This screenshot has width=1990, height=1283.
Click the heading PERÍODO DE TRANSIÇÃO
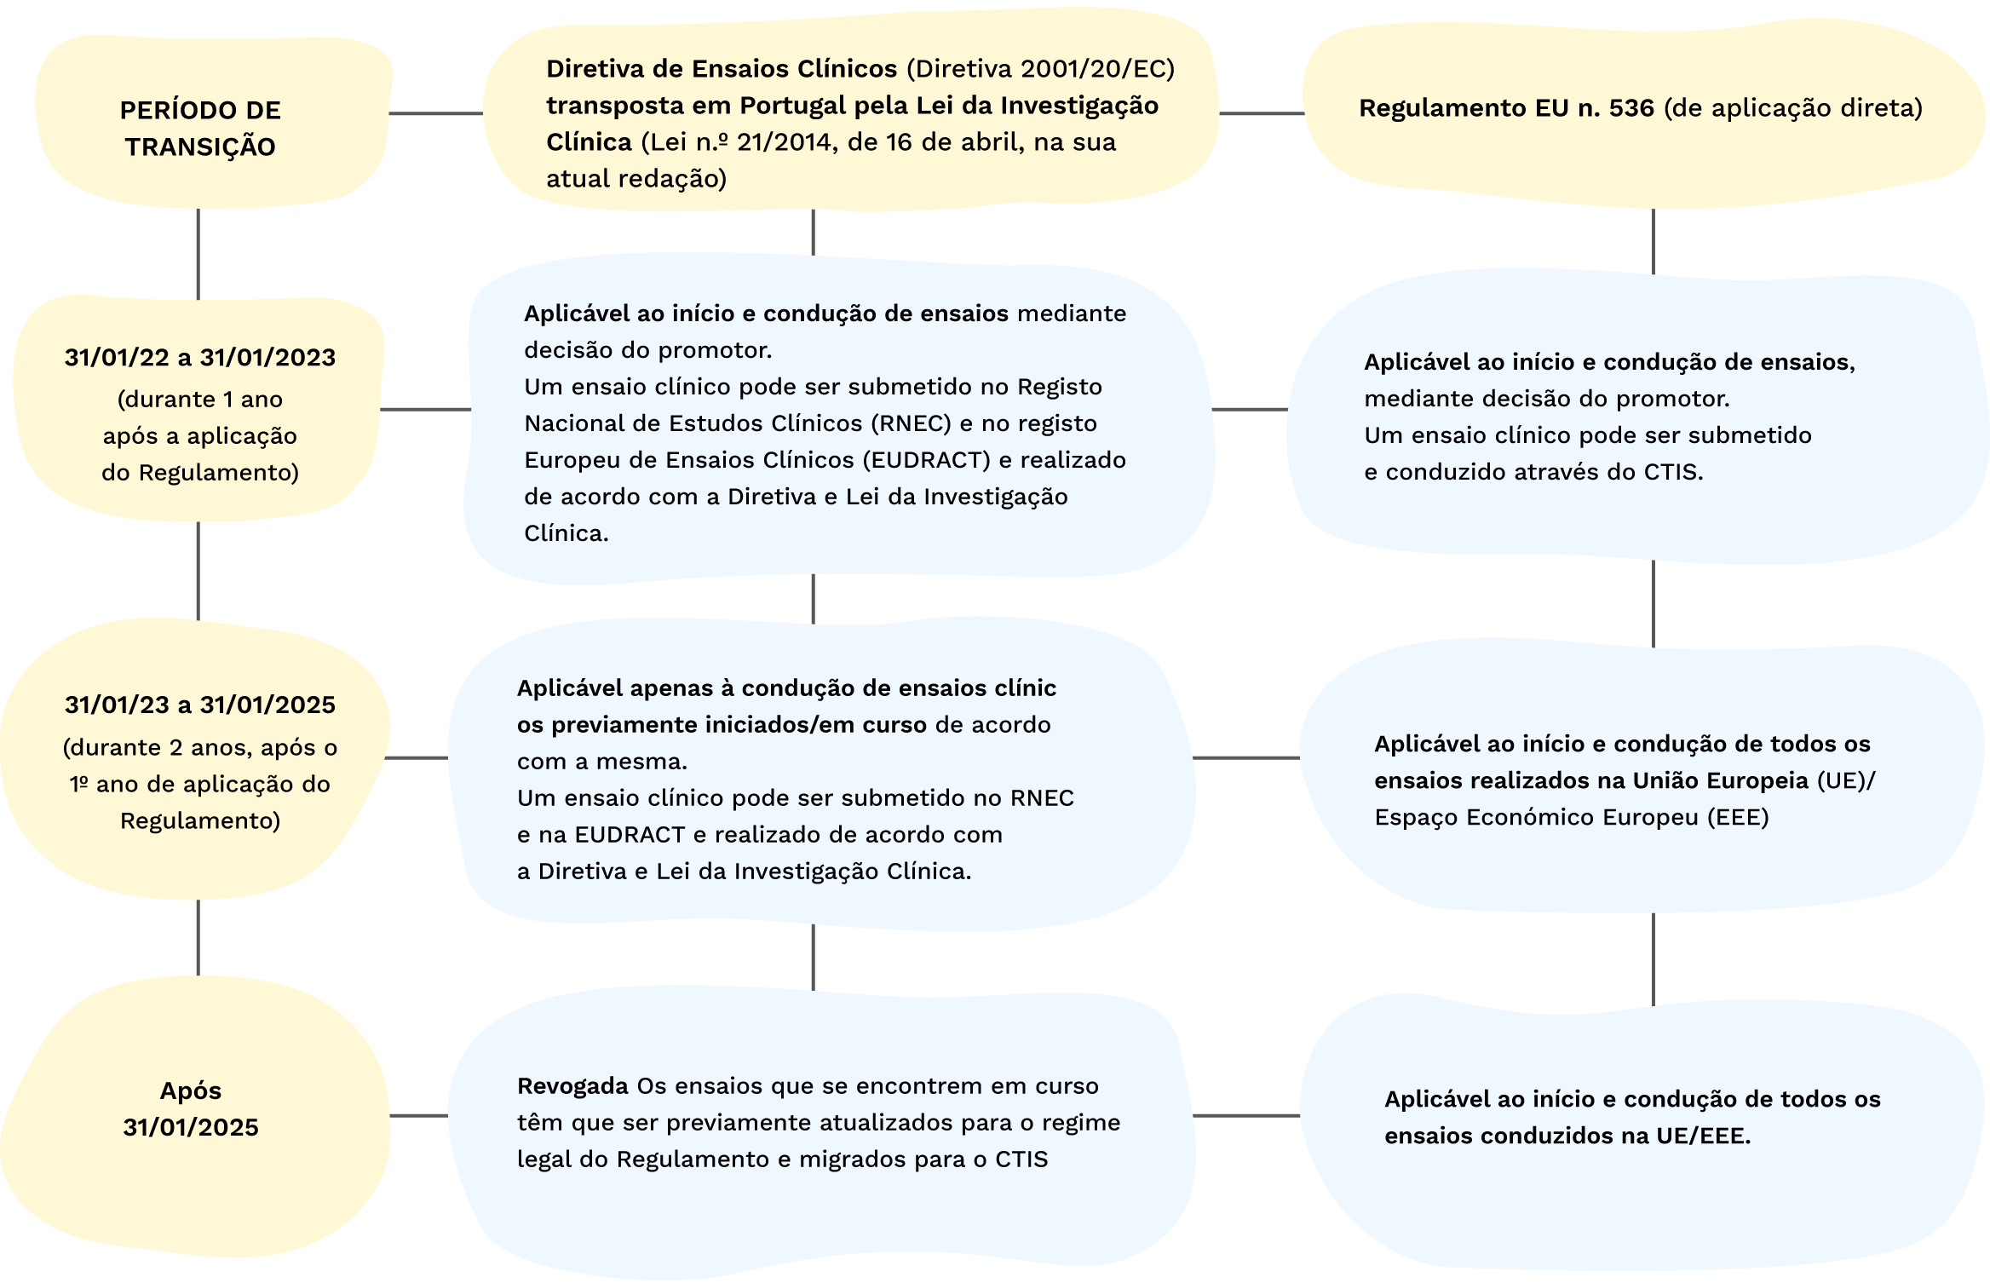click(200, 128)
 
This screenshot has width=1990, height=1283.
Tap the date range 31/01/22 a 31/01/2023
click(200, 358)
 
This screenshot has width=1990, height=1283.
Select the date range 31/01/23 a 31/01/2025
click(200, 705)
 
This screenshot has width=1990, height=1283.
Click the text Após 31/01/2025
click(191, 1108)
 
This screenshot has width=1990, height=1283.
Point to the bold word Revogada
click(572, 1086)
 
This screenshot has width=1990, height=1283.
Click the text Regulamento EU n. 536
click(1506, 108)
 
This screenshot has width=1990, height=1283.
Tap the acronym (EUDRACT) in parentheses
click(926, 460)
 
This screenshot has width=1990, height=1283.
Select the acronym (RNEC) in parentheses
click(911, 423)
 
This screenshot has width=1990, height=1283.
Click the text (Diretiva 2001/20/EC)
click(1040, 69)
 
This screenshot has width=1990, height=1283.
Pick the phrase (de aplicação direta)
click(1793, 108)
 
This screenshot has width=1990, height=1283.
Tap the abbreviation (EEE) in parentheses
click(1738, 818)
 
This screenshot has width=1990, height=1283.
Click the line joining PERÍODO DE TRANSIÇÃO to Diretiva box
click(435, 113)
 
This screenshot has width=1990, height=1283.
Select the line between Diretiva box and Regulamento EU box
click(1261, 113)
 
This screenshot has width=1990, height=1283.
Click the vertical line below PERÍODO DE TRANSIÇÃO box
click(198, 253)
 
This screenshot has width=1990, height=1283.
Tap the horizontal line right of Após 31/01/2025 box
click(418, 1115)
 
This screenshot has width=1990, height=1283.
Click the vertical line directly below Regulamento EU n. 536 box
click(1654, 241)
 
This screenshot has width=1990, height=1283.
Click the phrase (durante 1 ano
click(200, 400)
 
